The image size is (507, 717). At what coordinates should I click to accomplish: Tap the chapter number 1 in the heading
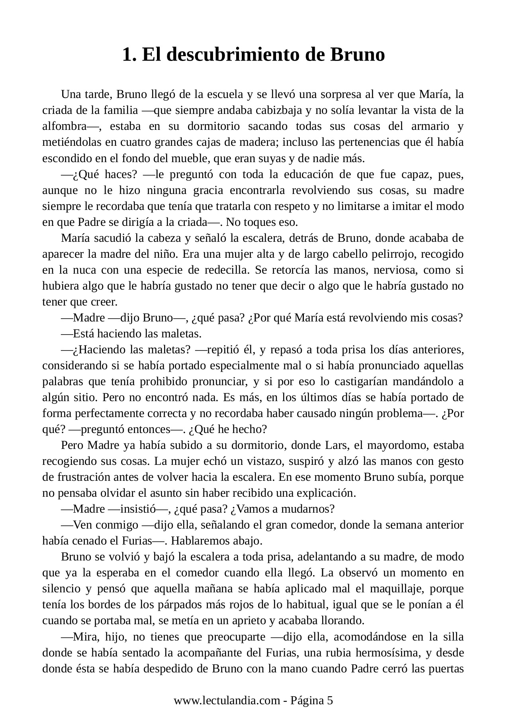pos(127,55)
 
